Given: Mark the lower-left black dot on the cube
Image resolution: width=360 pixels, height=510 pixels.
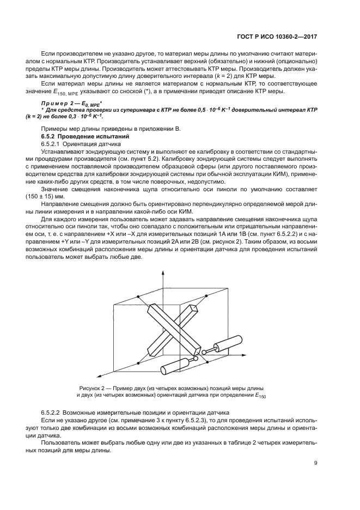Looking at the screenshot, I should coord(138,363).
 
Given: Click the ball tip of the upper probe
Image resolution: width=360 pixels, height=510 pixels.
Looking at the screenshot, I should coord(204,352).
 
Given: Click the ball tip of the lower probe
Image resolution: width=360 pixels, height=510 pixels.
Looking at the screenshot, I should coord(195,360).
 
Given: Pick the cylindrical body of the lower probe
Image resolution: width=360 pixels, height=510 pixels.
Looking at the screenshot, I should coord(174,367).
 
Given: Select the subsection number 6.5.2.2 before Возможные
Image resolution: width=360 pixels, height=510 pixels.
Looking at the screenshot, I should coord(54,414).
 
